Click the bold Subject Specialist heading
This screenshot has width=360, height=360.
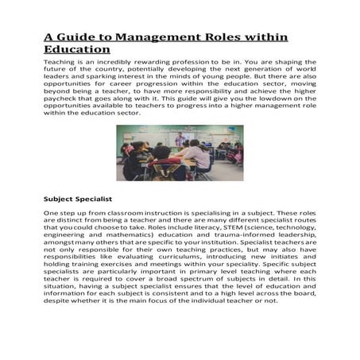coord(78,197)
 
